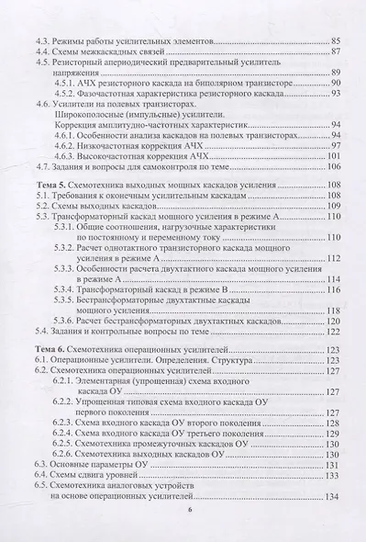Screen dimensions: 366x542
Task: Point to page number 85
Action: click(x=334, y=42)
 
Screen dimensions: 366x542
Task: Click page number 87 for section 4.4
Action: click(x=334, y=55)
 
